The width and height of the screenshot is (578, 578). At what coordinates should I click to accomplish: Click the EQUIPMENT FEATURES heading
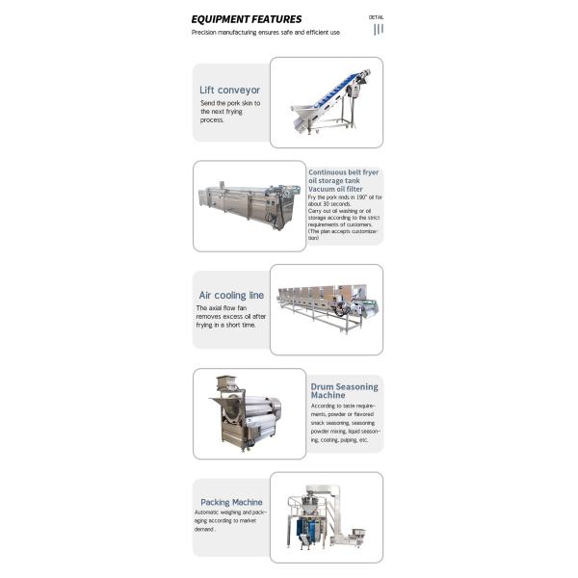coord(246,18)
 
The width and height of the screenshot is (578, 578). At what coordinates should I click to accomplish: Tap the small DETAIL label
coord(377,16)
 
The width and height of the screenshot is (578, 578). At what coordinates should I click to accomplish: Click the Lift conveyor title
coord(229,90)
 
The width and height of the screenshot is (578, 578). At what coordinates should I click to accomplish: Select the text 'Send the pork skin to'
coord(230,103)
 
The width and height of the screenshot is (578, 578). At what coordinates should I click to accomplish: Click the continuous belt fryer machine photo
coord(250,206)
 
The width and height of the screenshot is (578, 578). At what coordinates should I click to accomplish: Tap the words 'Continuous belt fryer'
coord(344,171)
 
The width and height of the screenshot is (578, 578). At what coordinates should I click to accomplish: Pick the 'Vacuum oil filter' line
coord(334,190)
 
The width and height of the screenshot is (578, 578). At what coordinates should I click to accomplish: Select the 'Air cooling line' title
coord(231,295)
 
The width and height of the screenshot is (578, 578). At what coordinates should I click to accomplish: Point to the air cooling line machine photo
coord(326,307)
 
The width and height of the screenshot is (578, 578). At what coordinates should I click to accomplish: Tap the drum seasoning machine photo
coord(249,412)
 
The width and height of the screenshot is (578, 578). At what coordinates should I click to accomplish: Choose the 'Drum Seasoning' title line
coord(345,386)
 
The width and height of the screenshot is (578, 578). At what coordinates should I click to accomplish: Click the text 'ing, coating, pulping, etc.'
coord(339,439)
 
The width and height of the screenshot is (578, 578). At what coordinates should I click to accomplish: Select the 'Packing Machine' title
coord(231,502)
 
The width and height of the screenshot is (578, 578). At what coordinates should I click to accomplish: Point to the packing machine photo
coord(326,516)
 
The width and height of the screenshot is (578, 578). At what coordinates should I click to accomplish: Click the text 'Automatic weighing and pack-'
coord(230,512)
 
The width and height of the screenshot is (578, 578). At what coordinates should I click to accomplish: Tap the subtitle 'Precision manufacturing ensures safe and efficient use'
coord(265,32)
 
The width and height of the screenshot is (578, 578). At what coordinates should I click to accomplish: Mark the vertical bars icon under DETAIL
coord(379,29)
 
